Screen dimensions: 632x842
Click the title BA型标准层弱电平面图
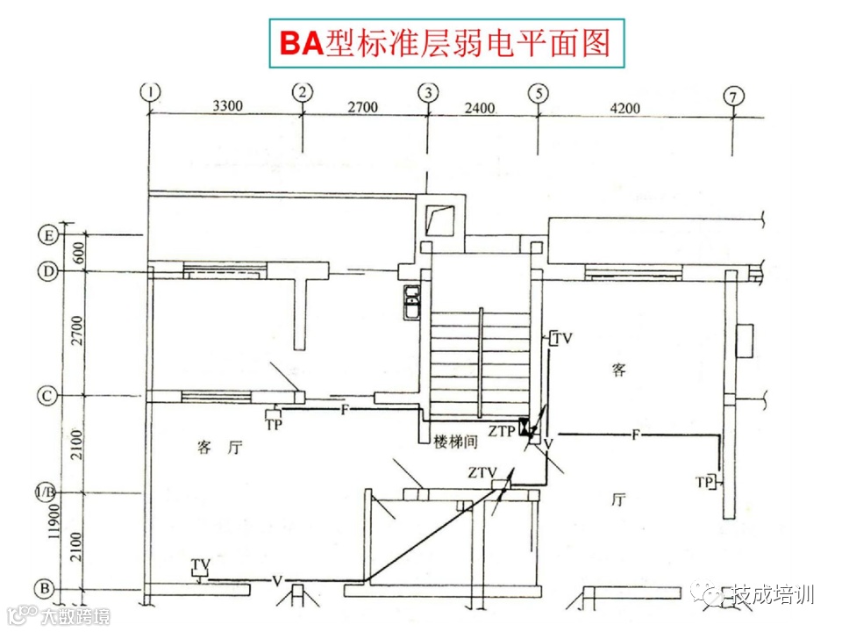[446, 42]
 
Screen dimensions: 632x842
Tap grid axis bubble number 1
[152, 90]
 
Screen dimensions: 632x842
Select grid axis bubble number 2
[303, 90]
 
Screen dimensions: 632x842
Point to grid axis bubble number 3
[428, 90]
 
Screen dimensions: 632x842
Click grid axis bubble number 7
[734, 96]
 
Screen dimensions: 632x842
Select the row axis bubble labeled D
[48, 272]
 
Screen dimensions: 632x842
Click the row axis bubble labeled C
[48, 396]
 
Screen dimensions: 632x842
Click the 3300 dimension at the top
[227, 107]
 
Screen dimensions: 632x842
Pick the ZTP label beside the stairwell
[502, 431]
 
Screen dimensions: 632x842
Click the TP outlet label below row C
[274, 424]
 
